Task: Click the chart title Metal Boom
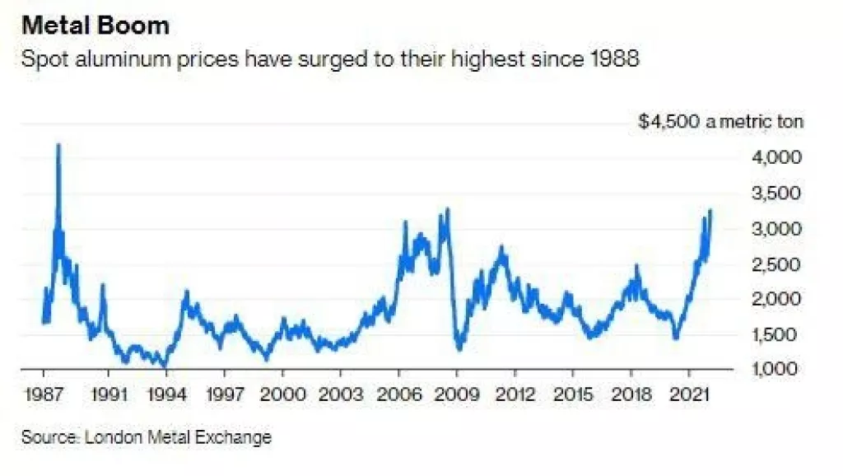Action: coord(95,26)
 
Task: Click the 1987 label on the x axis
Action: coord(41,393)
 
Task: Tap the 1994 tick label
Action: coord(166,393)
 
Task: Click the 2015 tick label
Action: coord(573,393)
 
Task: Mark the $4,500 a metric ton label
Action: coord(721,122)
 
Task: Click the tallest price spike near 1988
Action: coord(58,146)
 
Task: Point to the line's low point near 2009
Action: coord(459,348)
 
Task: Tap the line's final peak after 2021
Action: coord(710,211)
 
